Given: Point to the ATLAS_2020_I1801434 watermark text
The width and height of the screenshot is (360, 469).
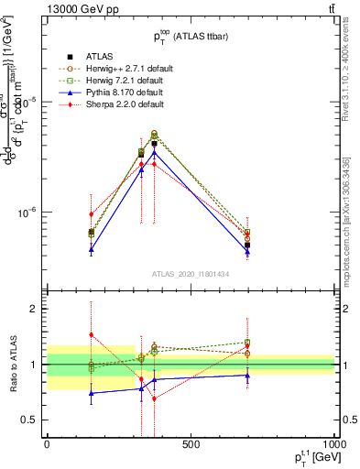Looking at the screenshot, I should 191,273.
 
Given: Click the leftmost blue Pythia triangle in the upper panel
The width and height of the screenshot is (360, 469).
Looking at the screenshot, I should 91,248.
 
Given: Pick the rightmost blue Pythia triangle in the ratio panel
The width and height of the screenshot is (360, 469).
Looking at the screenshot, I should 247,375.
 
